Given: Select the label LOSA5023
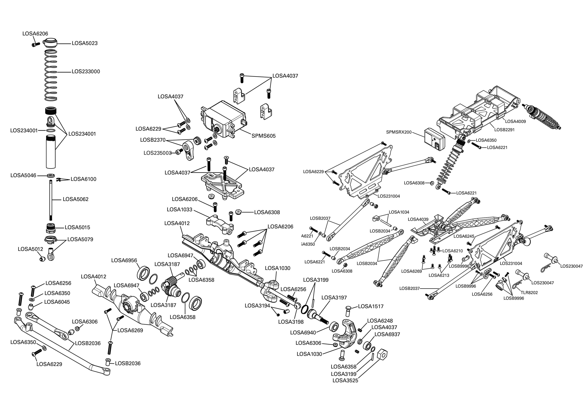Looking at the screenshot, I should click(x=85, y=43).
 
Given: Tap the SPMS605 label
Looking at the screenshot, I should click(x=263, y=136).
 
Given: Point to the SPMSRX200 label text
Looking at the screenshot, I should click(x=399, y=132).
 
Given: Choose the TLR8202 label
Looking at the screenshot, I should click(x=529, y=292).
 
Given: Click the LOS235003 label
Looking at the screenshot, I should click(x=157, y=153).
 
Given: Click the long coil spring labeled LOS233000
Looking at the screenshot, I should click(x=51, y=76).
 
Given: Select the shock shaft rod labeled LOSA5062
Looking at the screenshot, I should click(x=51, y=200).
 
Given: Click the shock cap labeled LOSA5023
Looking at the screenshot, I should click(x=51, y=43).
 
